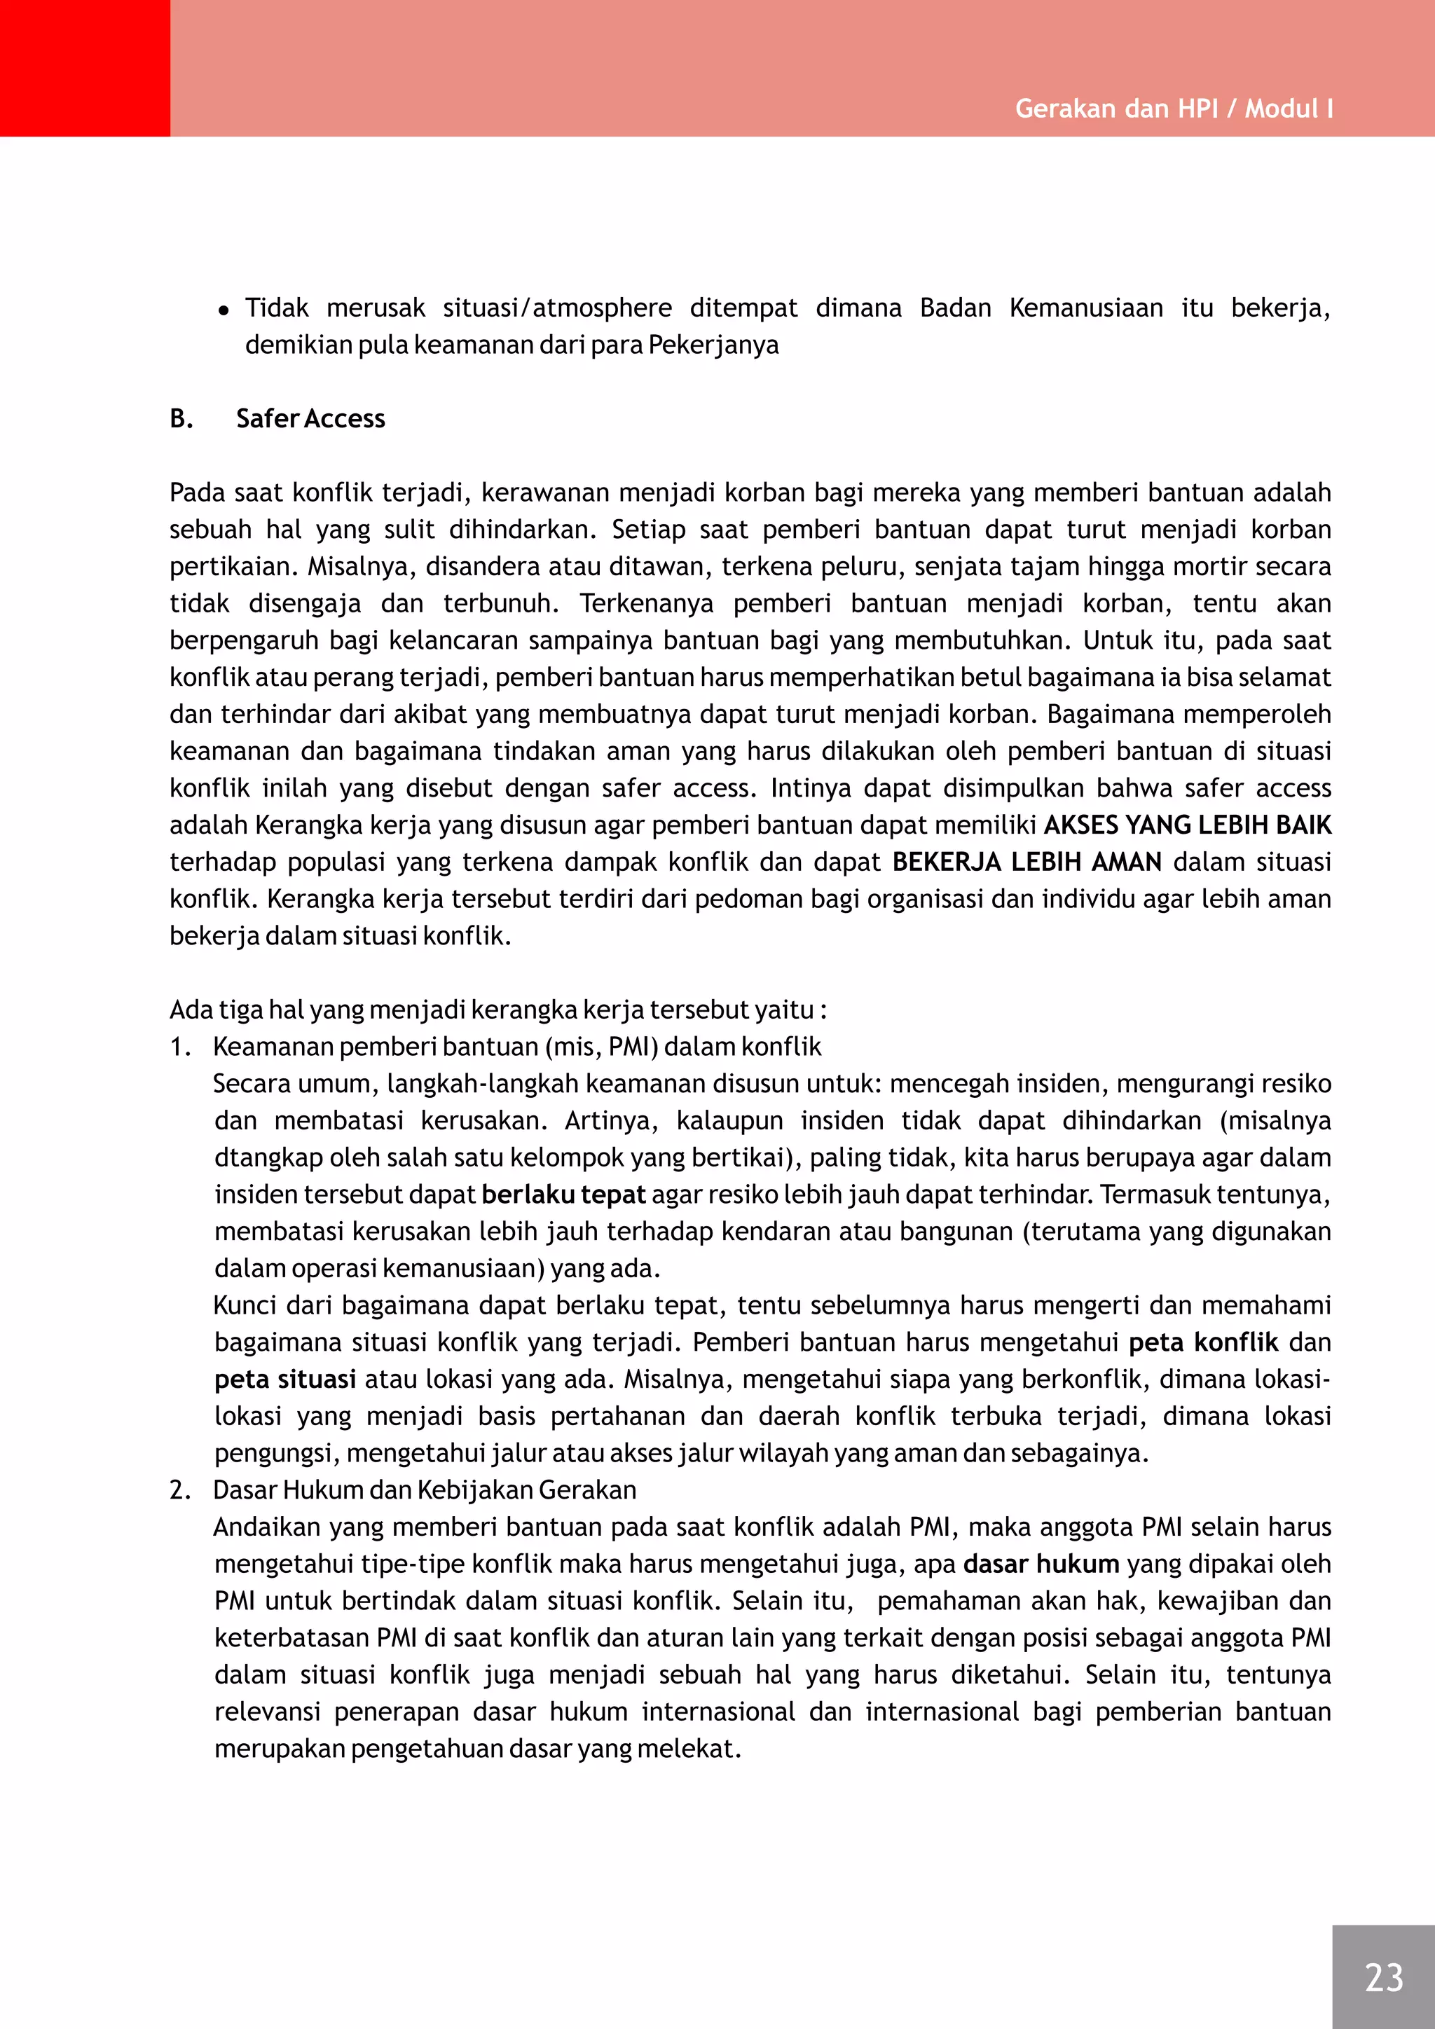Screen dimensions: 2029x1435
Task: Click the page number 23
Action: [x=1383, y=1977]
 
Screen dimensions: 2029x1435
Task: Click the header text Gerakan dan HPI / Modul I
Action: [x=1174, y=109]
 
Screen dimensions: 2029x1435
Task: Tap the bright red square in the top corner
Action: [x=85, y=68]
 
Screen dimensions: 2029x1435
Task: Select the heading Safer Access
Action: [x=310, y=419]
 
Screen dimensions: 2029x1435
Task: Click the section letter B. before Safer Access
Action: [x=181, y=419]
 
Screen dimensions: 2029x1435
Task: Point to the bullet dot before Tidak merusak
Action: [x=224, y=310]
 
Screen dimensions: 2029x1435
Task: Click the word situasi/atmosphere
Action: [x=556, y=308]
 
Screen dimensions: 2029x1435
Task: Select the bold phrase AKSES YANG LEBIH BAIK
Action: [x=1187, y=825]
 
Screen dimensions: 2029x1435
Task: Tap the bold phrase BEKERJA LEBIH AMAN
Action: [x=1026, y=862]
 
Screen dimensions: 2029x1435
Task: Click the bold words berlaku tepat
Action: [x=564, y=1195]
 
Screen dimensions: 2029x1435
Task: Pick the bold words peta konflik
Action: [x=1202, y=1342]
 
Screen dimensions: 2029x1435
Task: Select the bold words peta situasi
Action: [x=284, y=1380]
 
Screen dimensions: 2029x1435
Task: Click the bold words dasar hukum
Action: [x=1041, y=1564]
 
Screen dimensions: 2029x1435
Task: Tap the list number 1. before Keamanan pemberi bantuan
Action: [x=179, y=1047]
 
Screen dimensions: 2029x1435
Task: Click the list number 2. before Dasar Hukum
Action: [x=179, y=1490]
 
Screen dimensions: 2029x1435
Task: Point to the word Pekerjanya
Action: [x=713, y=345]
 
